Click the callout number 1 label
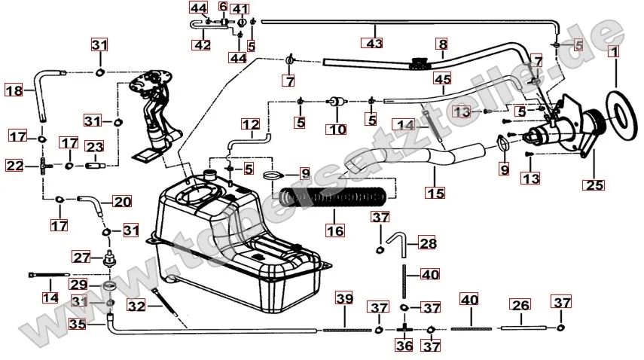(x=614, y=53)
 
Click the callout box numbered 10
(x=337, y=130)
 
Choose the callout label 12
(x=251, y=124)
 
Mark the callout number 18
(x=14, y=90)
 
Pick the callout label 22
(x=14, y=165)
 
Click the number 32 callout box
(x=136, y=306)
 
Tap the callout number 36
(x=404, y=346)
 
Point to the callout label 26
(x=520, y=305)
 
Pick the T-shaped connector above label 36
(x=404, y=329)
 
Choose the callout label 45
(x=441, y=78)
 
